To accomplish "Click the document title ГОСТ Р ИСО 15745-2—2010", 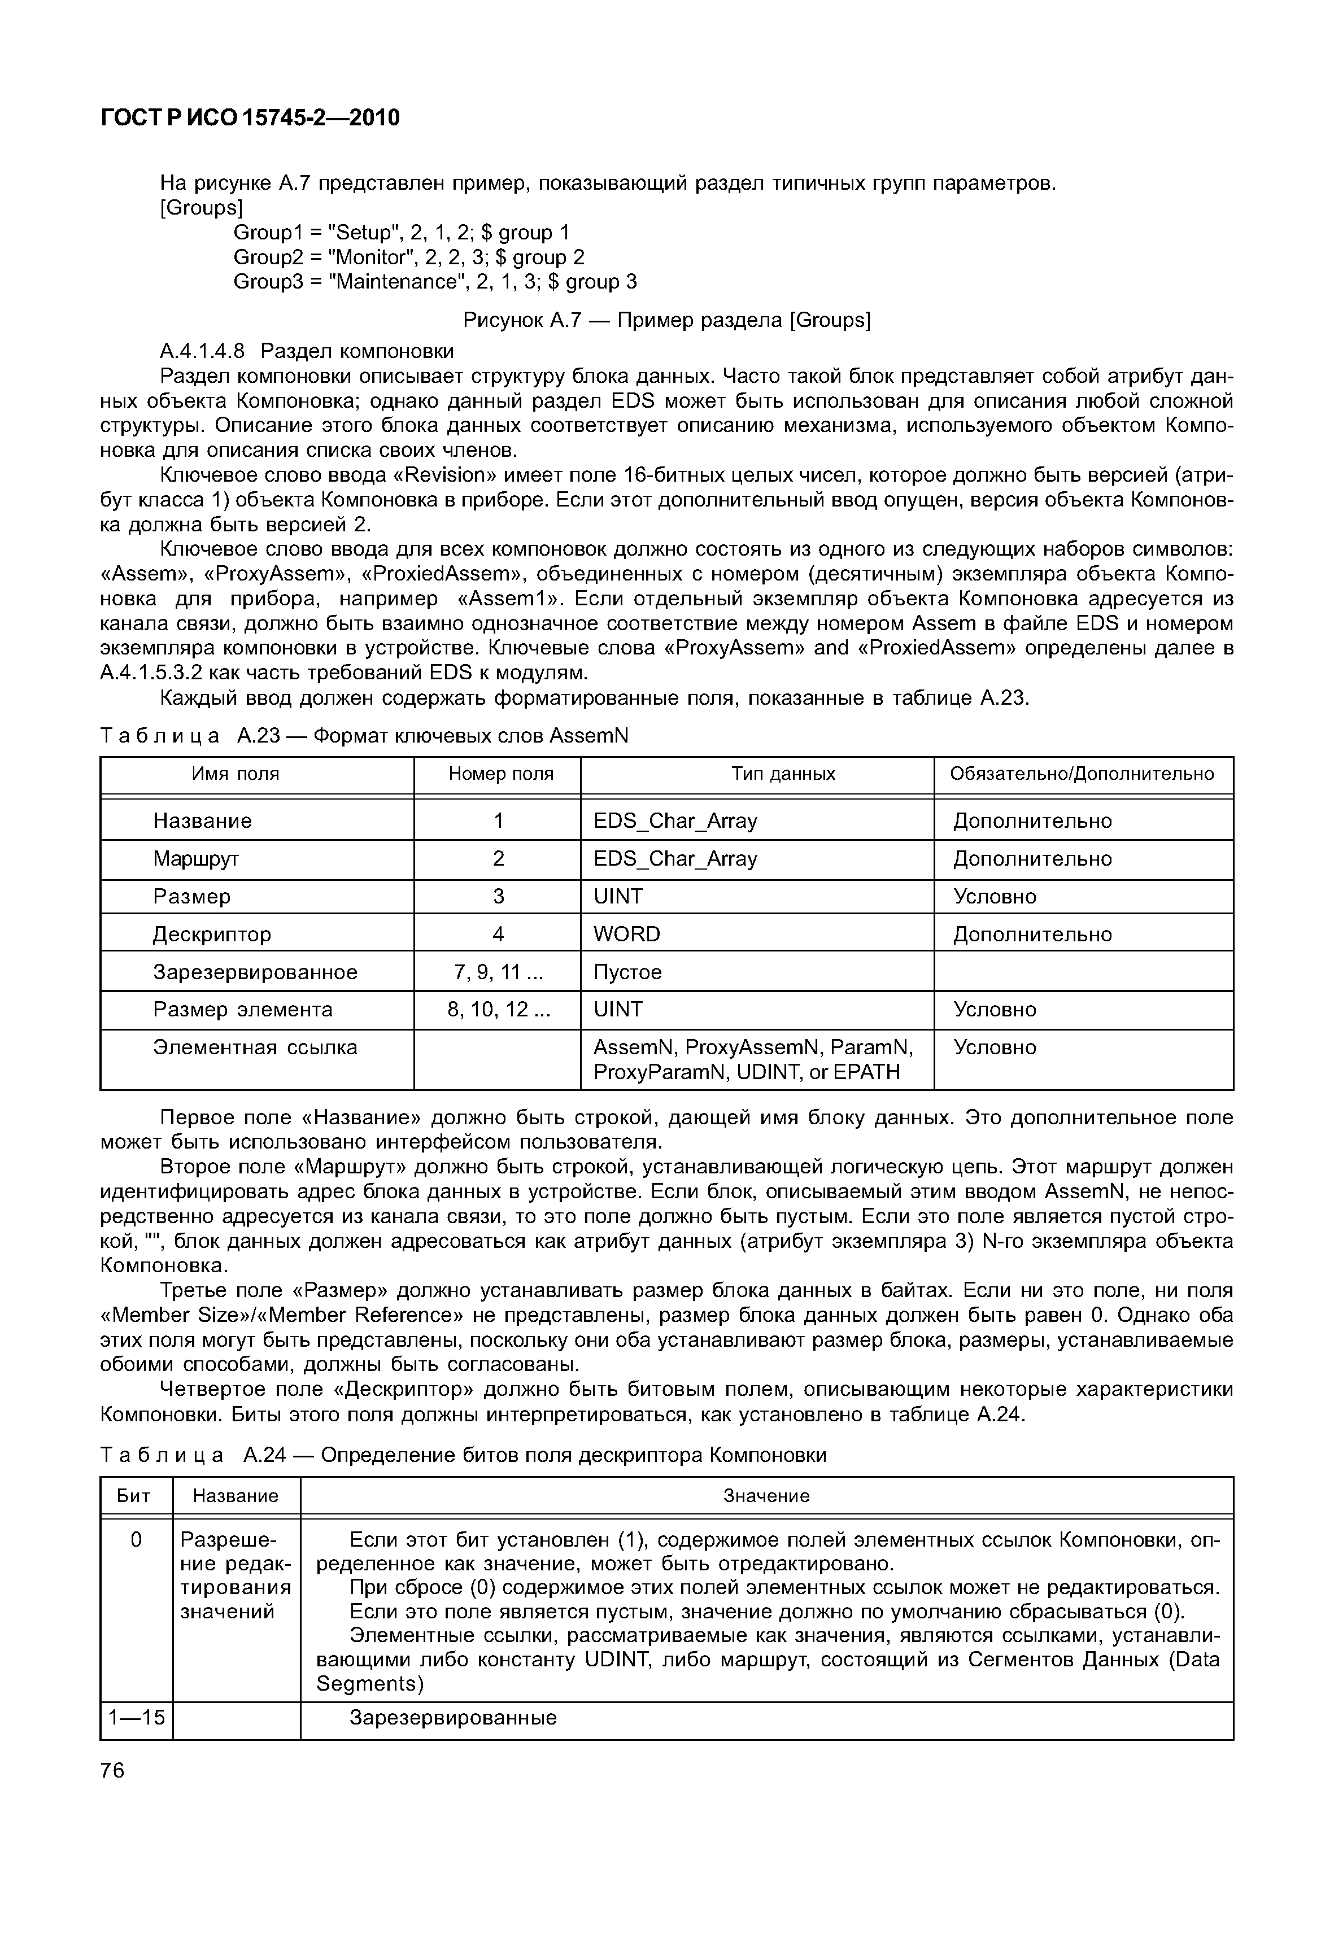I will (x=250, y=118).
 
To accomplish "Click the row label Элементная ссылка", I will (x=255, y=1047).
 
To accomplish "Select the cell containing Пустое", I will (x=627, y=972).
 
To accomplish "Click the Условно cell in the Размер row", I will (x=995, y=897).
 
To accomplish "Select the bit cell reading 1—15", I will (x=136, y=1718).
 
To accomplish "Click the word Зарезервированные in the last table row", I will (x=452, y=1718).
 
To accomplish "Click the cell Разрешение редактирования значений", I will (x=235, y=1575).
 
